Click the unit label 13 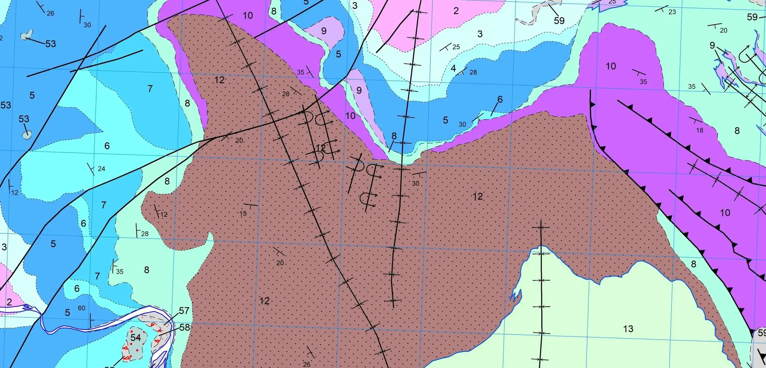628,329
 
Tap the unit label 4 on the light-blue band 453,68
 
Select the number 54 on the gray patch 136,338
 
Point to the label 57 184,311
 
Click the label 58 184,327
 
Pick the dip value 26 50,13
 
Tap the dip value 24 101,169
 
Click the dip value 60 81,308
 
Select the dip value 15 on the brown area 243,214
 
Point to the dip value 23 672,12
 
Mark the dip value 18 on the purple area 699,130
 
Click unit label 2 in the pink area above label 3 456,11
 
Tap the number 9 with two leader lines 712,45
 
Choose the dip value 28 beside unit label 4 473,72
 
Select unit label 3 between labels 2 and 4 480,34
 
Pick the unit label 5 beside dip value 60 67,313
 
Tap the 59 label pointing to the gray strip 559,20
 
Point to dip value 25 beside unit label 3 456,47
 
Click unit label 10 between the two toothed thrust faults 725,213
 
